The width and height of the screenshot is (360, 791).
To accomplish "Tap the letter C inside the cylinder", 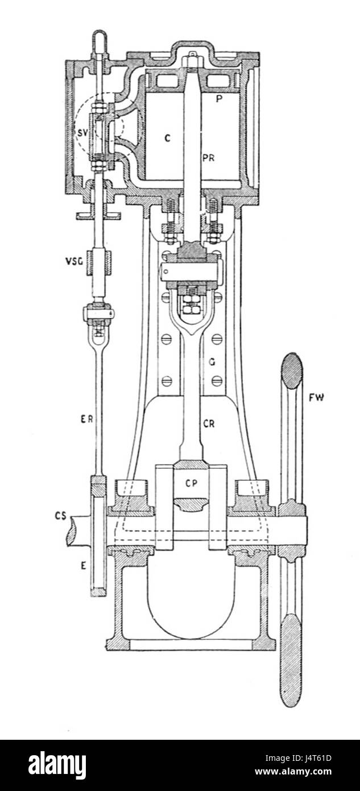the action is tap(167, 138).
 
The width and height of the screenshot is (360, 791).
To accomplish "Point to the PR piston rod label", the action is tap(209, 158).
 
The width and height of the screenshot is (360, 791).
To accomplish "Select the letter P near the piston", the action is tap(219, 99).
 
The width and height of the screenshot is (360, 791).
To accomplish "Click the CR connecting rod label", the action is tap(209, 423).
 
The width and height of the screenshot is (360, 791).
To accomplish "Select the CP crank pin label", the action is tap(191, 484).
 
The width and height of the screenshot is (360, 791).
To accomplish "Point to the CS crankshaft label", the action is tap(60, 516).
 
